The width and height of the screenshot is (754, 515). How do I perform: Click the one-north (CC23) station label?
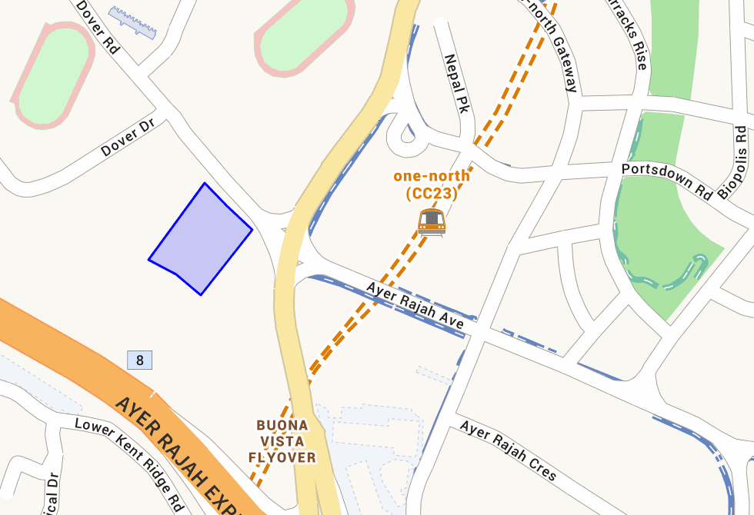(431, 185)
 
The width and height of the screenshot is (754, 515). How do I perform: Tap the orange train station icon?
(432, 221)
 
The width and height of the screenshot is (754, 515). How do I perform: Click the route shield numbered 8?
(139, 360)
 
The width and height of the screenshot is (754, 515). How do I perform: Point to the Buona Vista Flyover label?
(282, 441)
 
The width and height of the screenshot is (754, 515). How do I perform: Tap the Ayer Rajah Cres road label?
(508, 450)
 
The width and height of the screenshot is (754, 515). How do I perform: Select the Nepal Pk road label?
(457, 82)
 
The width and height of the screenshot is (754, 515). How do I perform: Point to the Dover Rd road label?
(98, 26)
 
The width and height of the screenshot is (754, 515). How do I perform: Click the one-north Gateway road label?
(549, 42)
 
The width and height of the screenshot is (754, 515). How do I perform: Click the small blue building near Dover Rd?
(133, 22)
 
